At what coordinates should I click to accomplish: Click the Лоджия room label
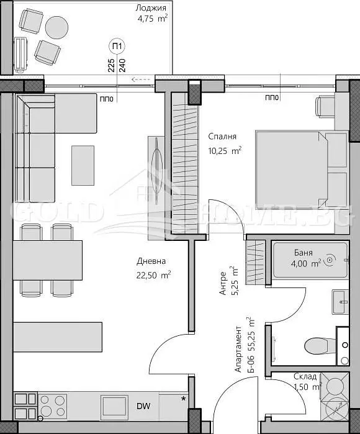[x=151, y=7]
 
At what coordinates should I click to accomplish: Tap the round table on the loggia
[x=56, y=27]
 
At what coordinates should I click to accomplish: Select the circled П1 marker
[x=117, y=47]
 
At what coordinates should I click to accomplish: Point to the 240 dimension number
[x=122, y=65]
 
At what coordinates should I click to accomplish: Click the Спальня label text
[x=222, y=137]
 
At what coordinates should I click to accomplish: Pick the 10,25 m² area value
[x=225, y=151]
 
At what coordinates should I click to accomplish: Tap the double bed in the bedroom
[x=302, y=170]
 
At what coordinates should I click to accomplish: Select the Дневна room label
[x=151, y=261]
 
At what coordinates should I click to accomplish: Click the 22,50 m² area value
[x=153, y=275]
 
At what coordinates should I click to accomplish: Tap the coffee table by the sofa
[x=83, y=166]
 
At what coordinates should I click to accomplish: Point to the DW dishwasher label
[x=143, y=406]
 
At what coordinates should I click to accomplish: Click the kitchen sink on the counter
[x=115, y=406]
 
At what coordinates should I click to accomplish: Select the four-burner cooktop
[x=52, y=406]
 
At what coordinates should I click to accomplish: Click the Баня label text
[x=304, y=253]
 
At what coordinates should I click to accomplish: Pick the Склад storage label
[x=305, y=376]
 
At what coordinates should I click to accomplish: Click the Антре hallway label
[x=223, y=283]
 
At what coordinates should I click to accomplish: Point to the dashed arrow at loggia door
[x=141, y=79]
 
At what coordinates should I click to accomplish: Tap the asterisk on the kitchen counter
[x=183, y=399]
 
